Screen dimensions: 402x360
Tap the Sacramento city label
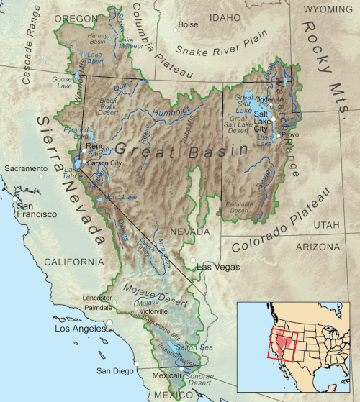pos(24,168)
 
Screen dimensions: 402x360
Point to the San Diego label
pos(114,371)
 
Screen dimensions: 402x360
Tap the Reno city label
pos(95,146)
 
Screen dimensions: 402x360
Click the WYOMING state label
pos(327,9)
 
